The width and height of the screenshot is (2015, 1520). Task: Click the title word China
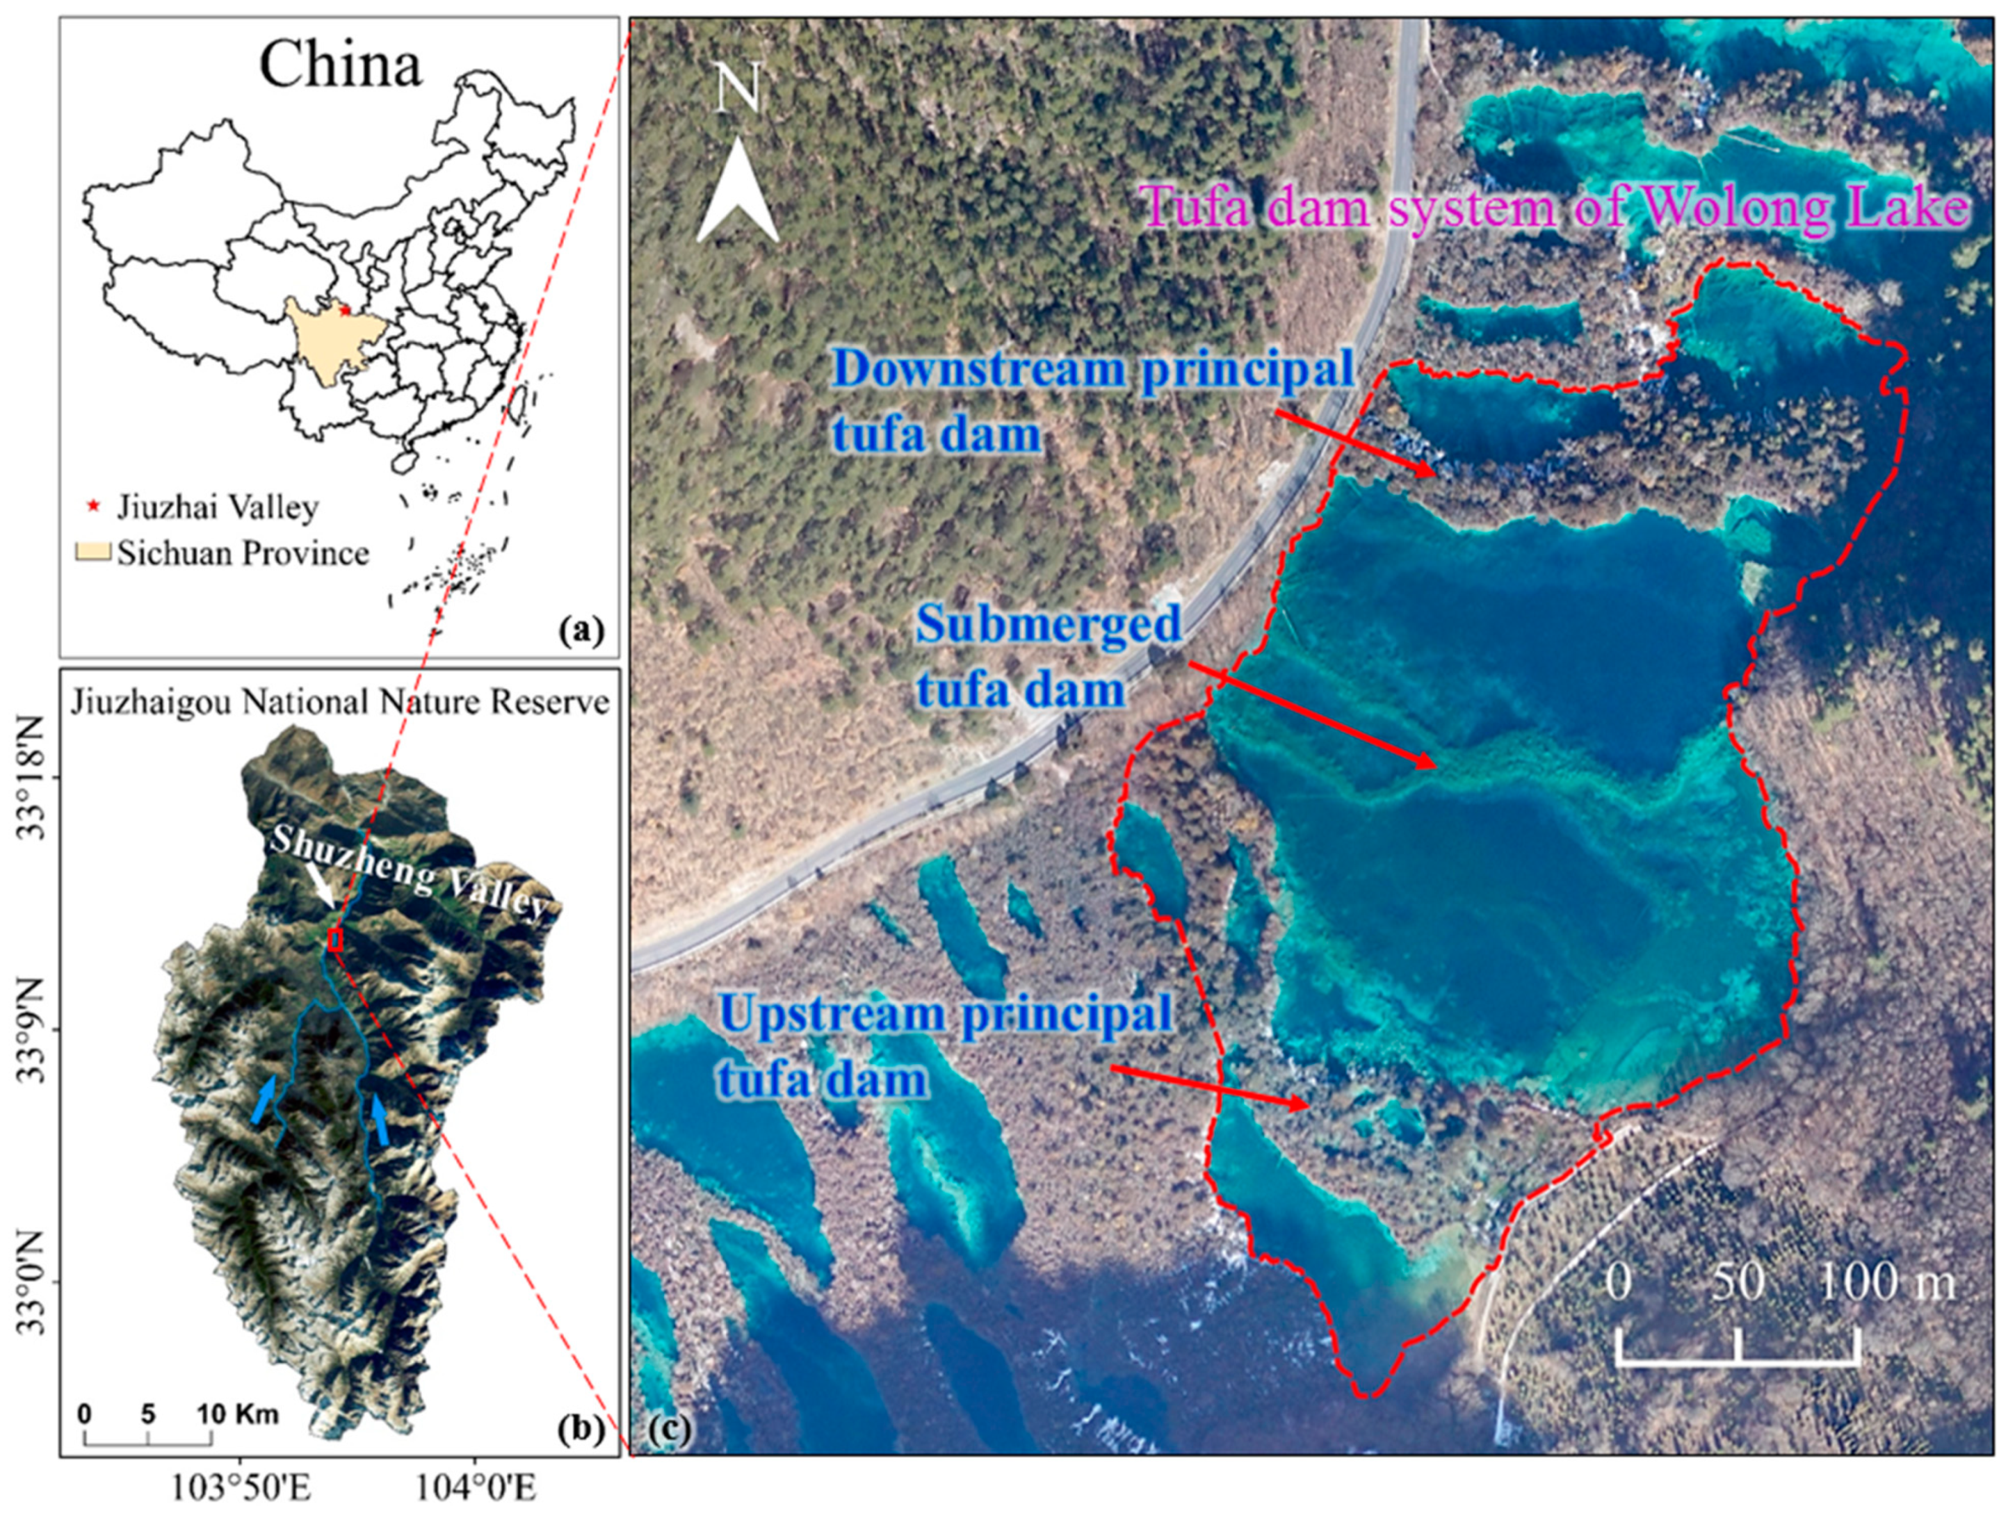(x=340, y=65)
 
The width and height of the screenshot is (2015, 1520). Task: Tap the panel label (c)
(x=670, y=1430)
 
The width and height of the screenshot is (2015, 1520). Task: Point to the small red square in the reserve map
(x=335, y=940)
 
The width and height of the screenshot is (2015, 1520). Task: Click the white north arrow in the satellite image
(x=737, y=191)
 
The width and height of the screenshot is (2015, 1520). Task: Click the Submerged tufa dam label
(x=1048, y=655)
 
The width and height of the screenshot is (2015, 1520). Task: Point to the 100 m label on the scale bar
(x=1886, y=1282)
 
